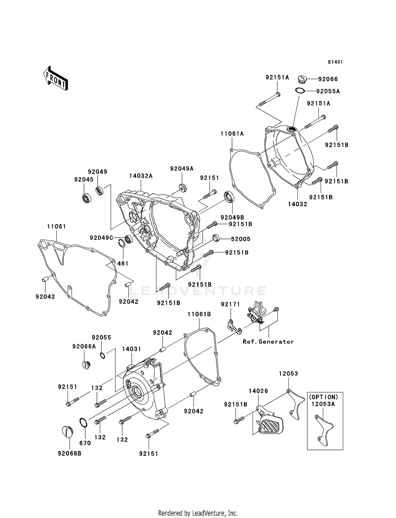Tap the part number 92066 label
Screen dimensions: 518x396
pos(328,79)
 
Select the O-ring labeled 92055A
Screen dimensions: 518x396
pos(300,91)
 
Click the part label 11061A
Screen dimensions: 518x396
pos(232,134)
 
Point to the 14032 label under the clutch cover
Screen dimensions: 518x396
pos(298,204)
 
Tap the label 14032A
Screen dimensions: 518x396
pos(141,176)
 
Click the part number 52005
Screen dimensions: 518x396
pos(241,239)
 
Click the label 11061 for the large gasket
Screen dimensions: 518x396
pos(56,226)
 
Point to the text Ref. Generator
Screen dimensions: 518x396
pos(268,342)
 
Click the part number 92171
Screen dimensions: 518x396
pos(230,304)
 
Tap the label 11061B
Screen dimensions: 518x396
pos(199,314)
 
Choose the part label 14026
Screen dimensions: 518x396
pos(258,391)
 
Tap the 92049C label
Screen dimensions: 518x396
pos(101,238)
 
